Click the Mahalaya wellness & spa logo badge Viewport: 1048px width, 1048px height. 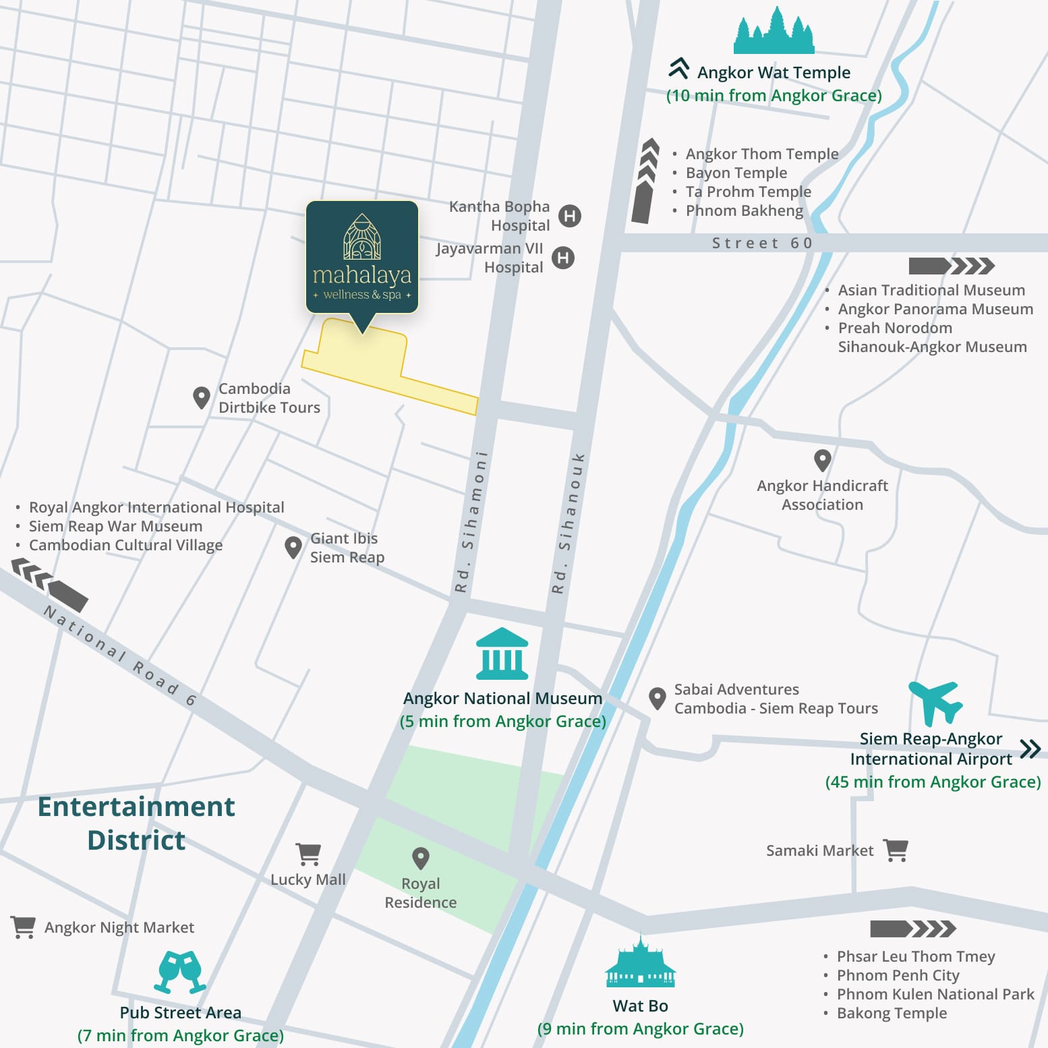[x=362, y=258]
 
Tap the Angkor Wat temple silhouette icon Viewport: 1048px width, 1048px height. [x=774, y=32]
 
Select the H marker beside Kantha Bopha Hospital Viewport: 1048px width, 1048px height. [x=570, y=216]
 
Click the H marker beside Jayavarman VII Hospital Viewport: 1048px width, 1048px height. [x=563, y=258]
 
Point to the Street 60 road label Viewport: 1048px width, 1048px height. [x=762, y=243]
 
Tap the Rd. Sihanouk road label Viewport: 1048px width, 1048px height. [x=568, y=523]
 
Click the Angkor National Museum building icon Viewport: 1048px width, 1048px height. [x=502, y=653]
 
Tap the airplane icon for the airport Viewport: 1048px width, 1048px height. [x=936, y=702]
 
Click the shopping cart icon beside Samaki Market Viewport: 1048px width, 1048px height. [x=896, y=850]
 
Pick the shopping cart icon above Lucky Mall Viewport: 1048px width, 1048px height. [x=308, y=854]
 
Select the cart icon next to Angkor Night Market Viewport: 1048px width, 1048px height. [x=23, y=927]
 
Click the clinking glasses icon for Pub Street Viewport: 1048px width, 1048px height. [x=180, y=972]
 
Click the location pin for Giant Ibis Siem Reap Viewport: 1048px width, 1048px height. [x=293, y=547]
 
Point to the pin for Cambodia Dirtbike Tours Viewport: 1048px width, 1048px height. [x=201, y=397]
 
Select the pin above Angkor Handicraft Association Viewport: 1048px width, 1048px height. [x=822, y=461]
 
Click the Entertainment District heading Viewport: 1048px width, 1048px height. [x=136, y=823]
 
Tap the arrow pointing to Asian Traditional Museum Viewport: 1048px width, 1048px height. [x=951, y=266]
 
